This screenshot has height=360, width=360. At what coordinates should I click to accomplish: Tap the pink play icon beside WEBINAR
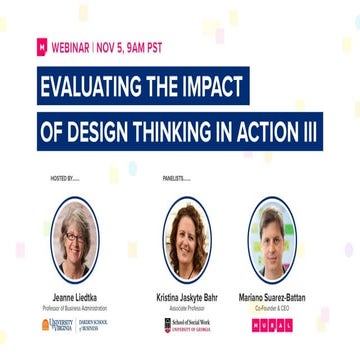pyautogui.click(x=42, y=46)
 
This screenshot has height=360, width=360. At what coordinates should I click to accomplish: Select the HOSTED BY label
pyautogui.click(x=64, y=179)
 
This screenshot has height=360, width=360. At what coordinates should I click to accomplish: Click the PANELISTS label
pyautogui.click(x=176, y=179)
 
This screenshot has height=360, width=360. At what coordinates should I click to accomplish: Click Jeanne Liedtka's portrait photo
pyautogui.click(x=74, y=239)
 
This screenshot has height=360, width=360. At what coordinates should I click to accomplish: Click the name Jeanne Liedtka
pyautogui.click(x=74, y=297)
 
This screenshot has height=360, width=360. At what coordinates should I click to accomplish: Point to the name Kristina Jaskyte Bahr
pyautogui.click(x=187, y=297)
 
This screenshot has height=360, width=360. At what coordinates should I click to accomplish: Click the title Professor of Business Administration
pyautogui.click(x=74, y=307)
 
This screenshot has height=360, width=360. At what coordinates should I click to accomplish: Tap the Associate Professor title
pyautogui.click(x=187, y=307)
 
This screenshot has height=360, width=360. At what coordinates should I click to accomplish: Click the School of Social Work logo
pyautogui.click(x=186, y=326)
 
